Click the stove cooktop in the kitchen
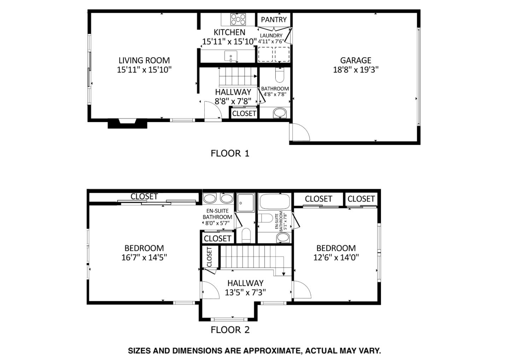pos(238,19)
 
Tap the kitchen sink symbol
pos(230,56)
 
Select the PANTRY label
pos(274,20)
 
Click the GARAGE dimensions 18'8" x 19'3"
pos(356,70)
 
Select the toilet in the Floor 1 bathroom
pos(279,75)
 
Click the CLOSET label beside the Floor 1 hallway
pos(244,114)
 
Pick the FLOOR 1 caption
pos(230,153)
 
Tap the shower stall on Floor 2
pos(245,203)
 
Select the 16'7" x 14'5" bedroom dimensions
pos(144,257)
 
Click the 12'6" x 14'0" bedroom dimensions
pos(336,257)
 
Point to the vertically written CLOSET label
pos(209,257)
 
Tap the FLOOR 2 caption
pos(230,330)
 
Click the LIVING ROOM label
pos(144,60)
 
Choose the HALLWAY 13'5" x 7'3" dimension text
pos(245,292)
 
